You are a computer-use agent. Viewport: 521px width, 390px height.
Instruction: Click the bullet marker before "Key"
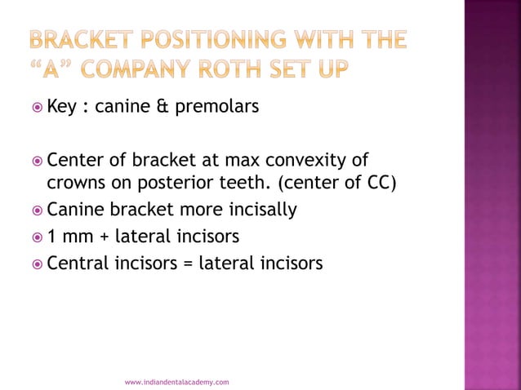(x=33, y=107)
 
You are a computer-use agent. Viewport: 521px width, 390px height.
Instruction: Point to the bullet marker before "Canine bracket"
(x=33, y=211)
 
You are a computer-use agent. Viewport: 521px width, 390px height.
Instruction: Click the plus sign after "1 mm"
(x=102, y=237)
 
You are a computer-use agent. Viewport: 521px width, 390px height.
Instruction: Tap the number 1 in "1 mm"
(x=51, y=237)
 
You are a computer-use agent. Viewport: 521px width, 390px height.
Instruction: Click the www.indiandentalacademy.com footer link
(x=176, y=381)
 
